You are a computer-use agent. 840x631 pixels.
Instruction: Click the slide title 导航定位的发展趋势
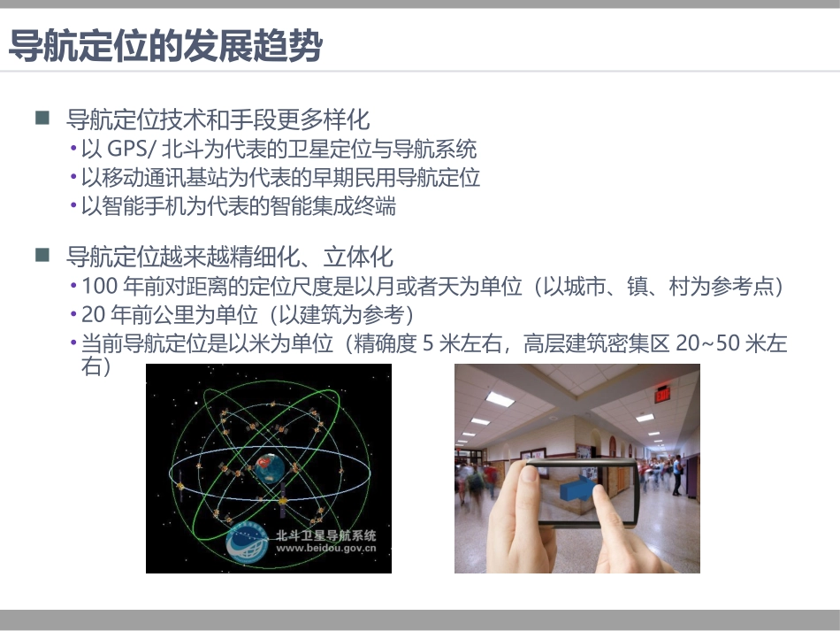pyautogui.click(x=164, y=45)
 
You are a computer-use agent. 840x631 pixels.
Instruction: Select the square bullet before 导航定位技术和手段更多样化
pyautogui.click(x=42, y=118)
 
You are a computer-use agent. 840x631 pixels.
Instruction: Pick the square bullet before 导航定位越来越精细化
pyautogui.click(x=42, y=256)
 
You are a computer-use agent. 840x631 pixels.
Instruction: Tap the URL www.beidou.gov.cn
pyautogui.click(x=326, y=548)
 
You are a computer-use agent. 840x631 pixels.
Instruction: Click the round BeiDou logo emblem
pyautogui.click(x=249, y=543)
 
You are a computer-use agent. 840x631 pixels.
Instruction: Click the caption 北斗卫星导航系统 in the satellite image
pyautogui.click(x=326, y=535)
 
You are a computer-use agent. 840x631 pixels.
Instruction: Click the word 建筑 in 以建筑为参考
pyautogui.click(x=333, y=315)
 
